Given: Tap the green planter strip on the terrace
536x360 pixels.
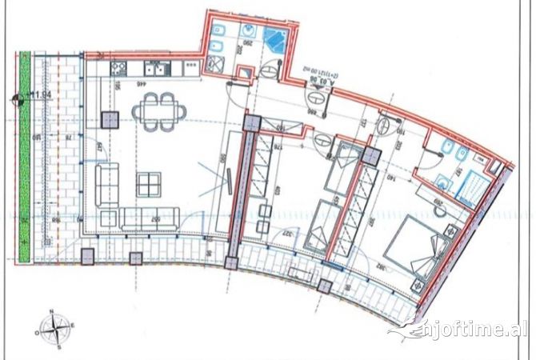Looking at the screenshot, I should (x=26, y=157).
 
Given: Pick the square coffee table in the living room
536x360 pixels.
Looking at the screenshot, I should (x=149, y=185).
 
